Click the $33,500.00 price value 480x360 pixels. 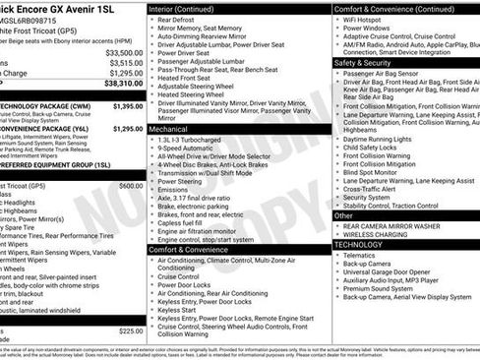pos(124,52)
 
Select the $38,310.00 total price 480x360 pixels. pos(124,85)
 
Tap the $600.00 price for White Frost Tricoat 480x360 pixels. pos(131,185)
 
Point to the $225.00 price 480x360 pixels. pos(131,331)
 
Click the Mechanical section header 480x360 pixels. pos(169,129)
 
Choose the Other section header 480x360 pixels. pos(343,215)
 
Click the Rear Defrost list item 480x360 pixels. pos(177,20)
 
